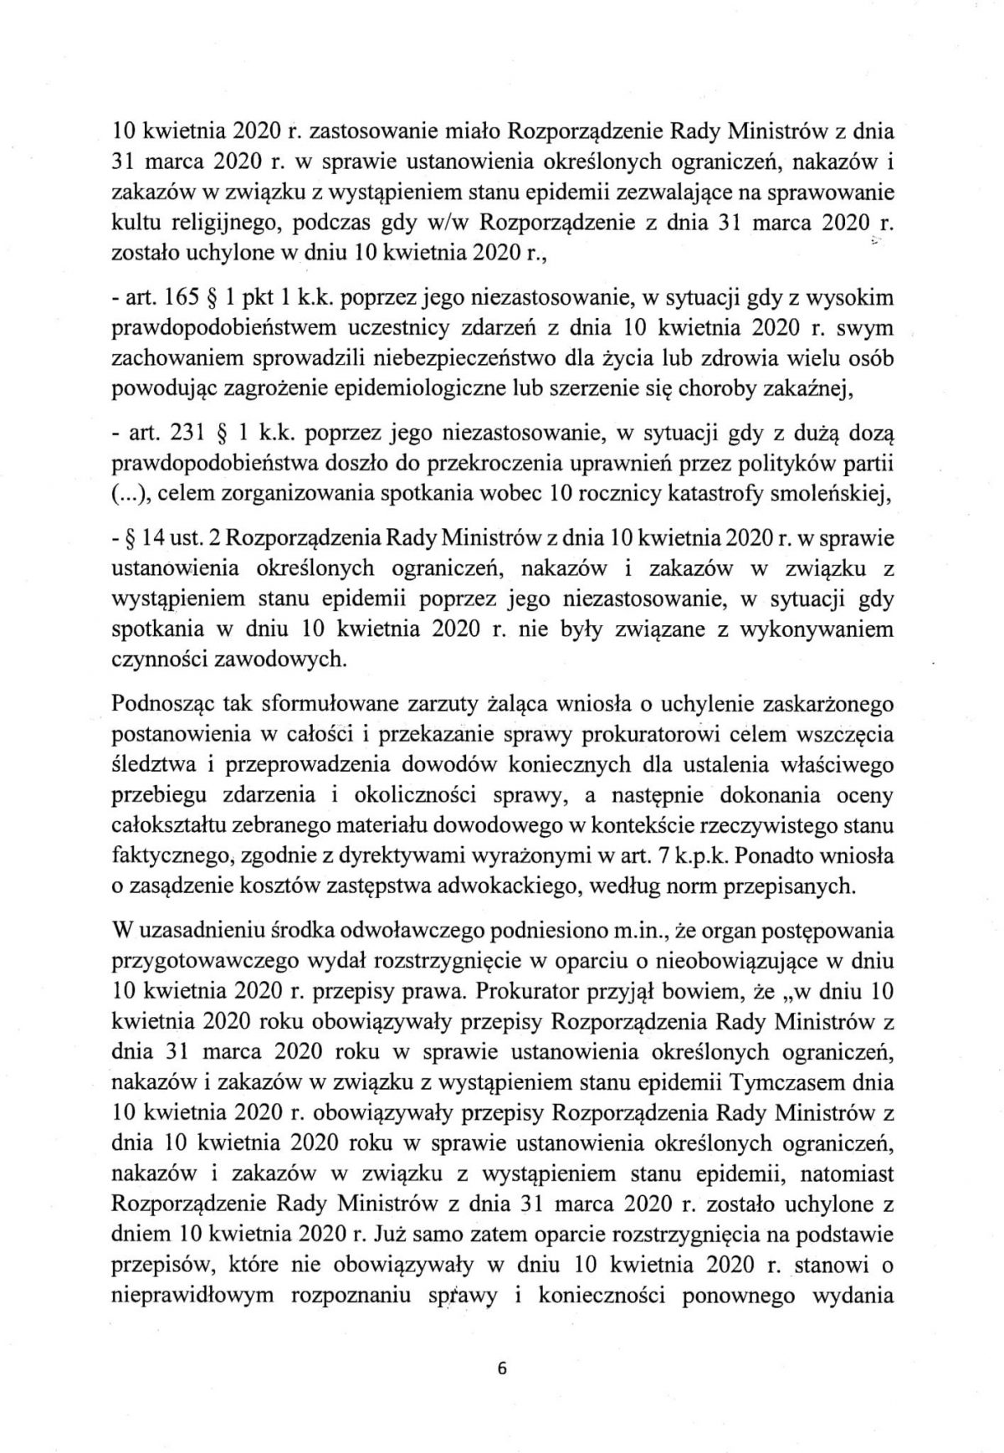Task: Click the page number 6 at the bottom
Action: [502, 1369]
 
